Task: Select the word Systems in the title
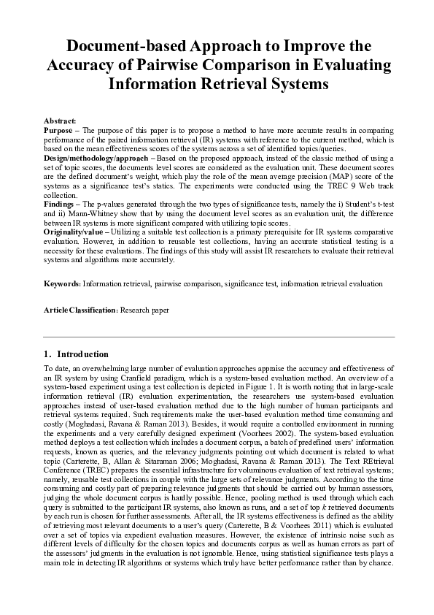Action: click(x=287, y=84)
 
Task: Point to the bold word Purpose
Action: click(x=58, y=129)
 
